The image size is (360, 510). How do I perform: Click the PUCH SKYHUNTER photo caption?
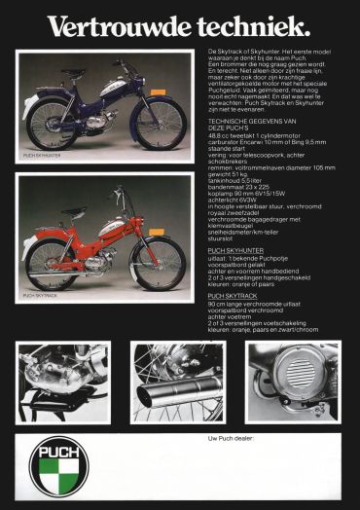(42, 155)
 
